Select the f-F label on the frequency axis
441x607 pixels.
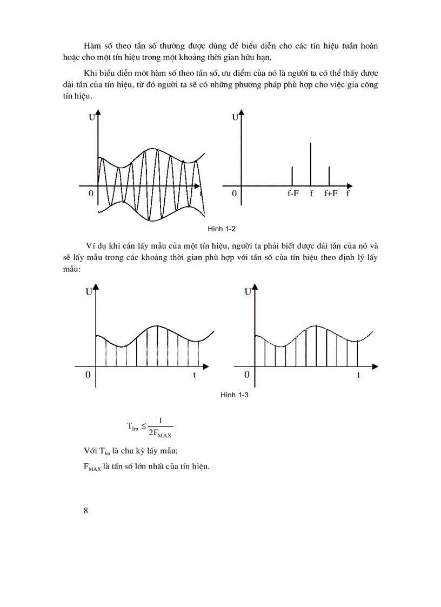(x=293, y=194)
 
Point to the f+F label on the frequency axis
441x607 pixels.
(x=330, y=194)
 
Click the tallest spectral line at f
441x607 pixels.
(x=311, y=162)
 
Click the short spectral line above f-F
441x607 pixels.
(x=292, y=175)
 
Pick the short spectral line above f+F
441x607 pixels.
(x=329, y=175)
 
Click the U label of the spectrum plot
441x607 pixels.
(x=235, y=117)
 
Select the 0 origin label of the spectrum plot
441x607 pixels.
(x=234, y=194)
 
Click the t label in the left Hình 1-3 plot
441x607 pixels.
(x=195, y=375)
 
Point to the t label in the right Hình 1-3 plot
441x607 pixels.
(x=358, y=375)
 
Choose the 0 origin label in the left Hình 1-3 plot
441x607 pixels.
(x=88, y=375)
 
